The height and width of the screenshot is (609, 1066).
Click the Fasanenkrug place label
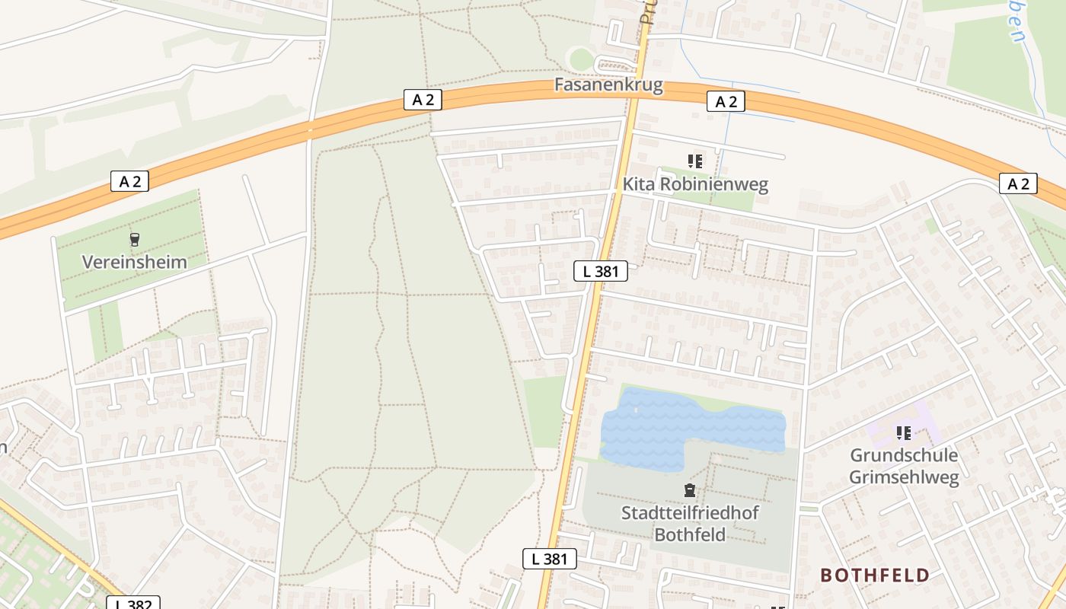click(x=608, y=84)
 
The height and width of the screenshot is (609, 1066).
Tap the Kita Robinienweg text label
click(x=695, y=184)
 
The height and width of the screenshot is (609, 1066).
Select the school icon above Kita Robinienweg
click(x=694, y=161)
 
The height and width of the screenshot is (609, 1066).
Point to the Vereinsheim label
click(x=134, y=262)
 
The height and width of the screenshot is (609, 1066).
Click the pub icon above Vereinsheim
click(x=135, y=240)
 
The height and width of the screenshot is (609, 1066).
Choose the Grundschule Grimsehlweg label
click(x=904, y=466)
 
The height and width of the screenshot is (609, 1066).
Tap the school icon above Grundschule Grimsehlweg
click(x=904, y=433)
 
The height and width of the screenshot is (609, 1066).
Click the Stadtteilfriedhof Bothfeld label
click(x=690, y=523)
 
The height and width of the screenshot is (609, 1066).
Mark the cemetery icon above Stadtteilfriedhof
click(x=690, y=490)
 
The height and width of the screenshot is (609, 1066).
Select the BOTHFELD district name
click(x=875, y=576)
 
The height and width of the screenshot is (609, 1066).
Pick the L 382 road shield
click(x=132, y=604)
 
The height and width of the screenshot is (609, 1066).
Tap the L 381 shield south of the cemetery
click(x=549, y=559)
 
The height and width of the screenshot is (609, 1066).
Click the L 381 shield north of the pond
click(x=600, y=270)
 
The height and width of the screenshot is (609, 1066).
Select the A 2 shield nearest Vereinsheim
click(x=129, y=181)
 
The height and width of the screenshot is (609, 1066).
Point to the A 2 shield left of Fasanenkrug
click(x=422, y=100)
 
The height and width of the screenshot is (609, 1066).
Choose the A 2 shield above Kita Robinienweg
click(x=725, y=101)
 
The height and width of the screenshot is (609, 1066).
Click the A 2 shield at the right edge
click(x=1018, y=183)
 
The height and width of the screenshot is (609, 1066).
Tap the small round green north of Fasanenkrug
click(x=582, y=59)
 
